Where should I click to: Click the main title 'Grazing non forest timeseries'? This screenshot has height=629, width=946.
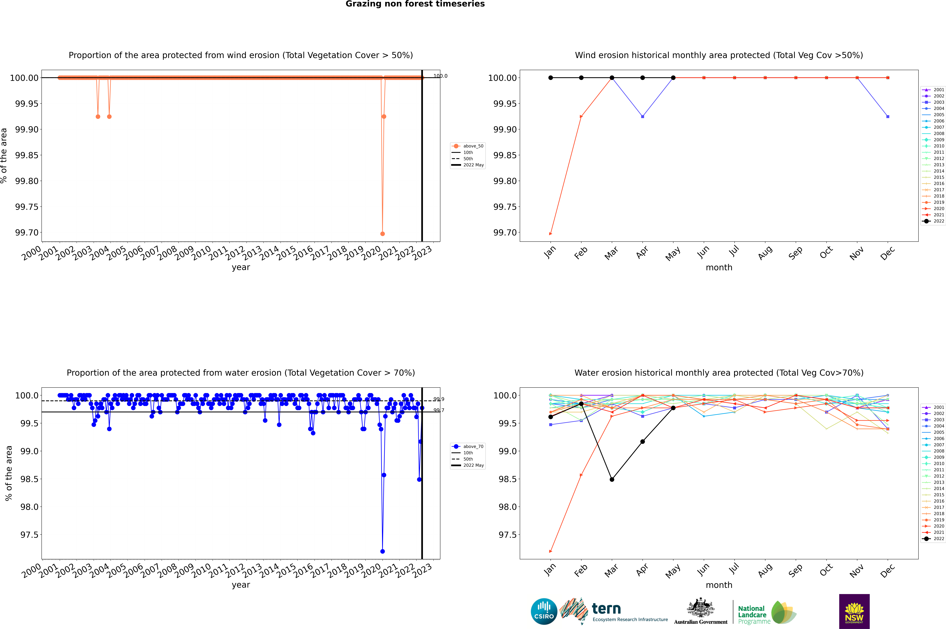click(415, 4)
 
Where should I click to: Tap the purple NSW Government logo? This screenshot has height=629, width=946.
click(854, 611)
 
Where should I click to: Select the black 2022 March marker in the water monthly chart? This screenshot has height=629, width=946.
click(612, 479)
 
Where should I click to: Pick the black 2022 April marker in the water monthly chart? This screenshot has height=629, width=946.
click(642, 442)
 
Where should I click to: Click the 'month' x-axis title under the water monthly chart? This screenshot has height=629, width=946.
click(719, 585)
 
